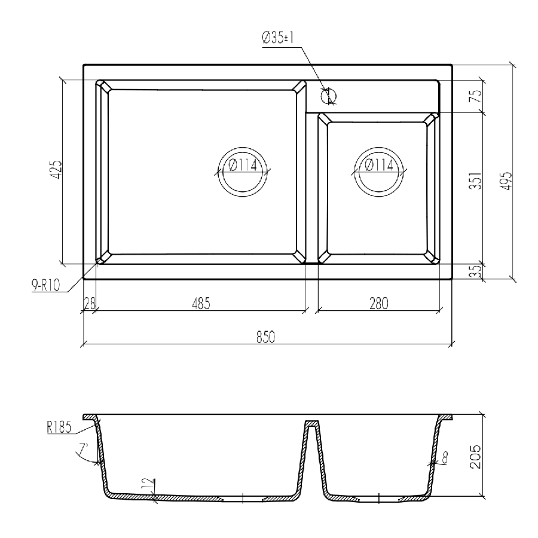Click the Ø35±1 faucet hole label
278,38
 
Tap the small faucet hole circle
329,96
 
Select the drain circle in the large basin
243,172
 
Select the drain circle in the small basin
379,172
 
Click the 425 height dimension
56,169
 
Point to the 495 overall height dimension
506,181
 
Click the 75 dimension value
476,96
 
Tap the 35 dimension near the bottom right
476,271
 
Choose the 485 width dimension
201,304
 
